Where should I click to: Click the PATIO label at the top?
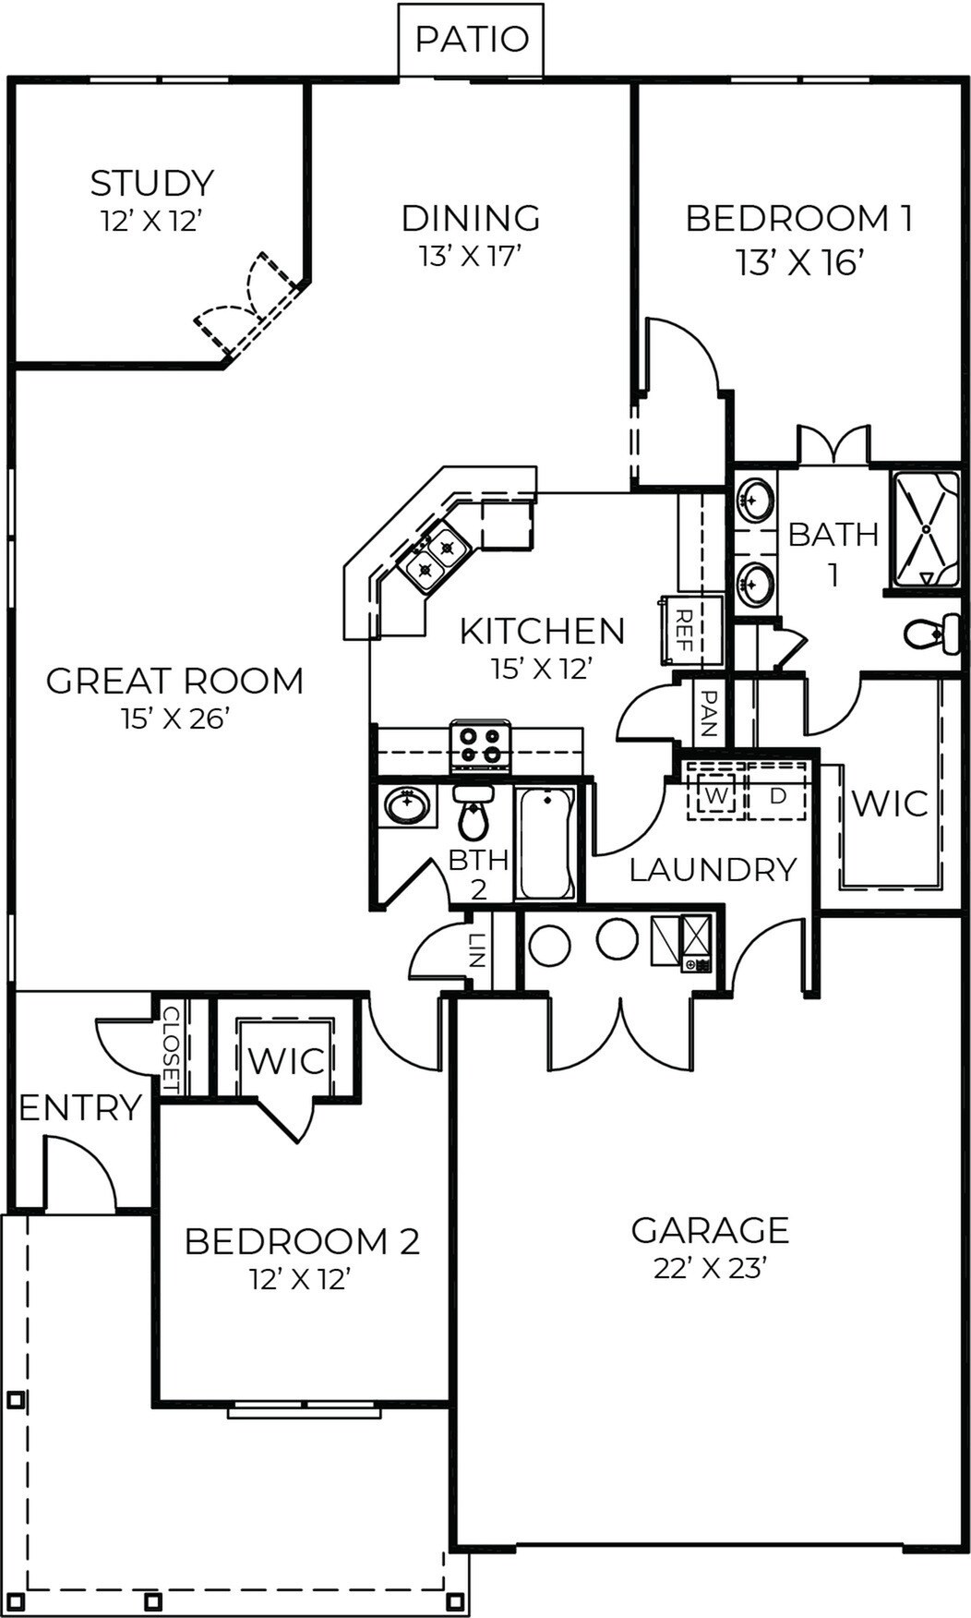point(472,40)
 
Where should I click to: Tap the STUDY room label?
point(152,183)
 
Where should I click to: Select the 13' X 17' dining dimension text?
point(471,256)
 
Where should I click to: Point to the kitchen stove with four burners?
point(480,746)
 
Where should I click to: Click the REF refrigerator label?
point(685,631)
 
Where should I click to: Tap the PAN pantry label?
point(709,713)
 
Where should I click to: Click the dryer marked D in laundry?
point(778,794)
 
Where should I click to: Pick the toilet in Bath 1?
point(930,634)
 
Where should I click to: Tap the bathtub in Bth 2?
point(545,842)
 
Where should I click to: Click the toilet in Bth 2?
point(474,813)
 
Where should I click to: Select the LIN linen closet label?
point(476,950)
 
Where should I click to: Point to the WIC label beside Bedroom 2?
point(286,1060)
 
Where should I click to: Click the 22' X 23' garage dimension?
point(711,1269)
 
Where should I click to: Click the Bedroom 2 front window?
point(305,1410)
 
